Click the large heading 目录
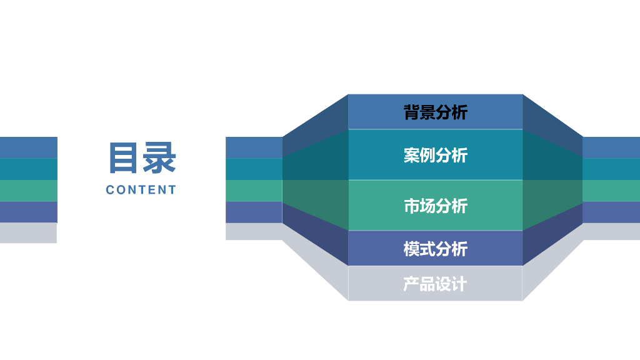[x=142, y=157]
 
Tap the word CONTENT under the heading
[x=141, y=190]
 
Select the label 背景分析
[x=435, y=112]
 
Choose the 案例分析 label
[x=435, y=155]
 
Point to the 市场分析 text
[x=435, y=206]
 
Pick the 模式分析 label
[x=435, y=249]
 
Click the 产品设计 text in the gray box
[x=435, y=284]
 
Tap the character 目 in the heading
[x=124, y=157]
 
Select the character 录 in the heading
[x=160, y=157]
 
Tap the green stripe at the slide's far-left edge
[x=28, y=191]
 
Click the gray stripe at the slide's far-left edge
[x=28, y=232]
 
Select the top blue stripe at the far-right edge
[x=611, y=147]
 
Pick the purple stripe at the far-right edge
[x=611, y=212]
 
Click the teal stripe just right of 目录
[x=254, y=169]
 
